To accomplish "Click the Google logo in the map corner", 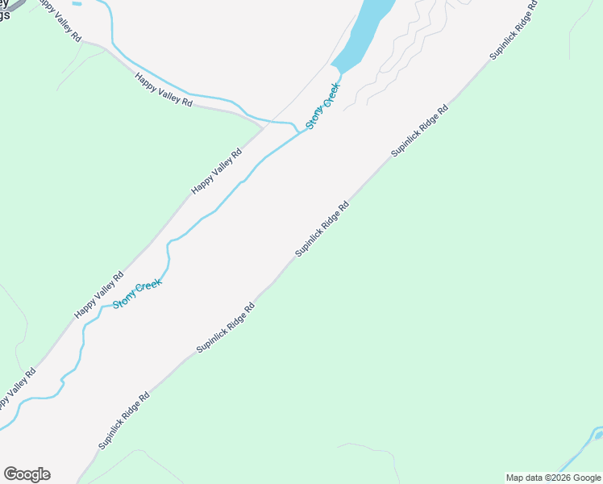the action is [27, 474].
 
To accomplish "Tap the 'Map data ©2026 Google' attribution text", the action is [554, 478].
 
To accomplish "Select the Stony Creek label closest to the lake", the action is [323, 106].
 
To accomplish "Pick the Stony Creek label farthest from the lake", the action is [137, 293].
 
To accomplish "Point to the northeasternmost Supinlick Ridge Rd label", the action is [514, 31].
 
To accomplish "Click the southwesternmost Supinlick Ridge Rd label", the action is [124, 420].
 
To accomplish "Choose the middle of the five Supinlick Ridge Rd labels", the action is [322, 228].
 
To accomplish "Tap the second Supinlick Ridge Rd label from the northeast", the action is [419, 131].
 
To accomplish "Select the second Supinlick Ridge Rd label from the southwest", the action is [226, 328].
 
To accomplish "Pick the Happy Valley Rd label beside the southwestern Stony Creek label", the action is [98, 294].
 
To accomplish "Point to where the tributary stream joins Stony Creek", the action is [300, 131].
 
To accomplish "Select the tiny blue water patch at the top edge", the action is [77, 3].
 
